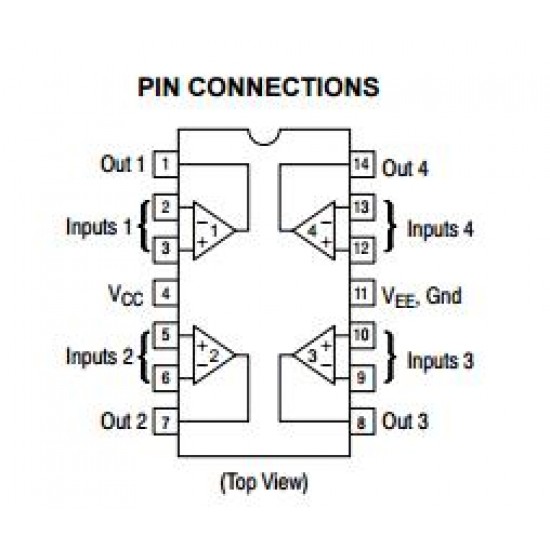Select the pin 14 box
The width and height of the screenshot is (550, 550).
coord(362,164)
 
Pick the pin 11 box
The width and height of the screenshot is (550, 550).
coord(362,294)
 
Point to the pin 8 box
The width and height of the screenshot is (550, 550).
coord(362,422)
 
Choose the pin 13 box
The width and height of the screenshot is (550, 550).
coord(362,208)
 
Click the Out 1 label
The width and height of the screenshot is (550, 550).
coord(122,164)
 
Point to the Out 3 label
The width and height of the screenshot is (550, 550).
coord(406,422)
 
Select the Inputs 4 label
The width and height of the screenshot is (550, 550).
coord(440,228)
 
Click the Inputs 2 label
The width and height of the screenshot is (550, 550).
coord(99,356)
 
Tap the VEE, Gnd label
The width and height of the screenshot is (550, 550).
coord(423,295)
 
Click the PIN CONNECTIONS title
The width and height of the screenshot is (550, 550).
coord(258,87)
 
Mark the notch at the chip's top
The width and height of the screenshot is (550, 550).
coord(264,136)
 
